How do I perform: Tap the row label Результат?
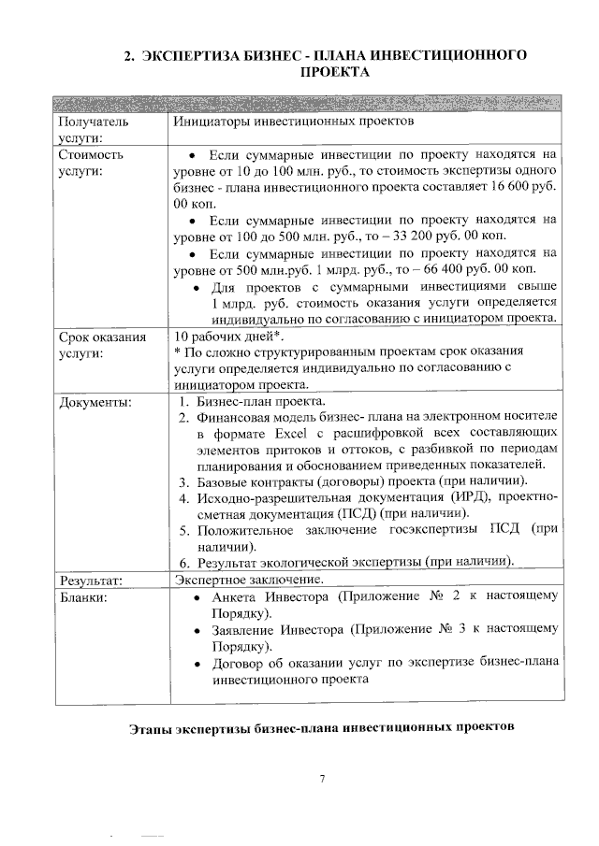coord(95,581)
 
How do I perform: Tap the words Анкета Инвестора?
coord(270,596)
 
